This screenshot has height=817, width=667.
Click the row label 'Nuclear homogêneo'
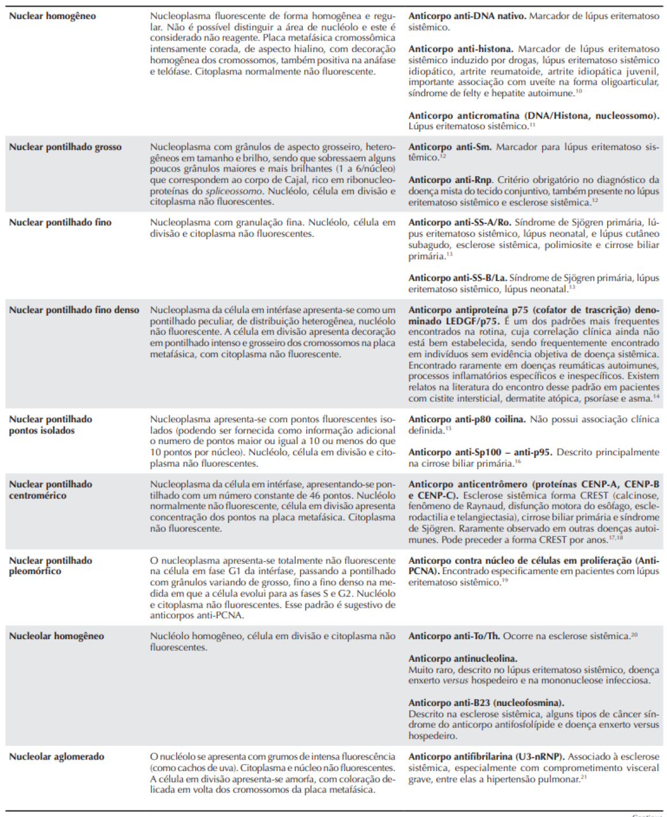point(52,16)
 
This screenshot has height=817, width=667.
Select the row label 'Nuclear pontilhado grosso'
point(65,147)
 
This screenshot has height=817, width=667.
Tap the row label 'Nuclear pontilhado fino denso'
point(74,310)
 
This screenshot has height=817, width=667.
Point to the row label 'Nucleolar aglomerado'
point(56,757)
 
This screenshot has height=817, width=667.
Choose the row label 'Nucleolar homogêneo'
point(56,636)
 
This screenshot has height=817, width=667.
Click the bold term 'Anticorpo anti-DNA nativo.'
point(467,16)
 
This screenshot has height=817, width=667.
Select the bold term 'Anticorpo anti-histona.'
point(460,49)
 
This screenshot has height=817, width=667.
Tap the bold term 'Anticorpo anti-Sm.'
point(449,147)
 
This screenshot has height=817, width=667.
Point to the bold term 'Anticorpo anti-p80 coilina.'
point(466,419)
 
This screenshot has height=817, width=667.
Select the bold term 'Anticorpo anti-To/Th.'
point(453,636)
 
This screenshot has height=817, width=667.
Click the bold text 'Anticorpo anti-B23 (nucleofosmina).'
point(486,703)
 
